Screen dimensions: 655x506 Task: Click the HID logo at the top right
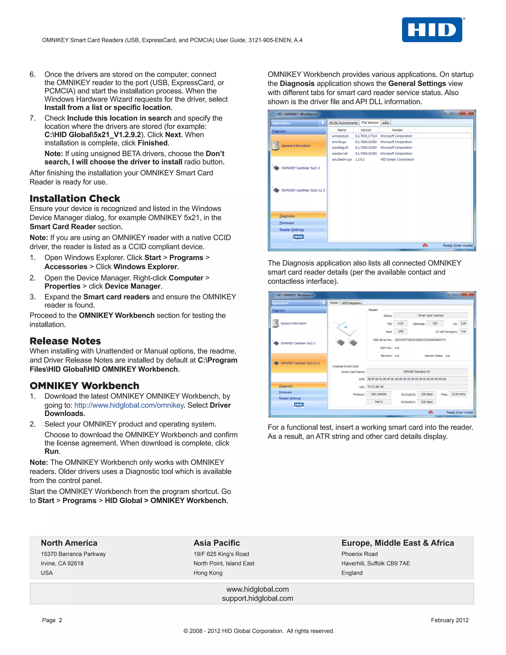[x=432, y=30]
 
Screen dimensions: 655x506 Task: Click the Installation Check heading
[x=75, y=198]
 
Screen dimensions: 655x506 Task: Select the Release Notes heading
[x=65, y=341]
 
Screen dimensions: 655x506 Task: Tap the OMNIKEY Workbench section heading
[x=84, y=385]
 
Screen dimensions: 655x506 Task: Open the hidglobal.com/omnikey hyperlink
[x=129, y=405]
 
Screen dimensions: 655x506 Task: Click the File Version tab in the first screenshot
[x=370, y=123]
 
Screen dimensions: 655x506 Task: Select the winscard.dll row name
[x=340, y=136]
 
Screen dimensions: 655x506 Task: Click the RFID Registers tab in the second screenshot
[x=351, y=303]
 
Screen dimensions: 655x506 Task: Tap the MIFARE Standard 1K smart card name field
[x=416, y=371]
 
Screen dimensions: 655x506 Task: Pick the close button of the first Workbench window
[x=467, y=113]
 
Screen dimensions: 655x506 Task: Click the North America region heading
[x=69, y=543]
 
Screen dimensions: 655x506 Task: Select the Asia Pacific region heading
[x=216, y=543]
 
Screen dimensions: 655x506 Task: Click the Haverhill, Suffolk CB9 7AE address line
[x=375, y=564]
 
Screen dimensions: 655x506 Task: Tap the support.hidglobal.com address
[x=257, y=599]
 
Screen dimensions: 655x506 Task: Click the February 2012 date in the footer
[x=449, y=620]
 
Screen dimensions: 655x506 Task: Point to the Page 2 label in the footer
[x=52, y=620]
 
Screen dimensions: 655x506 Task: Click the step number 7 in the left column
[x=32, y=118]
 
